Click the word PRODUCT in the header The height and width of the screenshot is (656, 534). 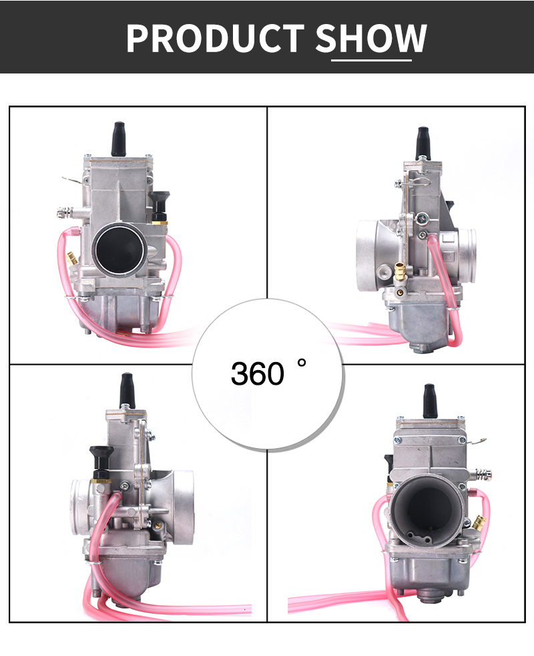tap(216, 38)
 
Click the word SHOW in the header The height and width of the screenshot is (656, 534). tap(371, 38)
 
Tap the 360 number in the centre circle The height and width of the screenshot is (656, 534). tap(258, 373)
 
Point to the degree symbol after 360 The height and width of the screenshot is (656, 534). tap(302, 363)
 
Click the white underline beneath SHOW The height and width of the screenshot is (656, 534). tap(371, 61)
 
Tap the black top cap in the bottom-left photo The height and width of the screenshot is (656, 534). tap(127, 389)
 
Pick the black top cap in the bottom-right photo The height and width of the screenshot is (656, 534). tap(430, 400)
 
